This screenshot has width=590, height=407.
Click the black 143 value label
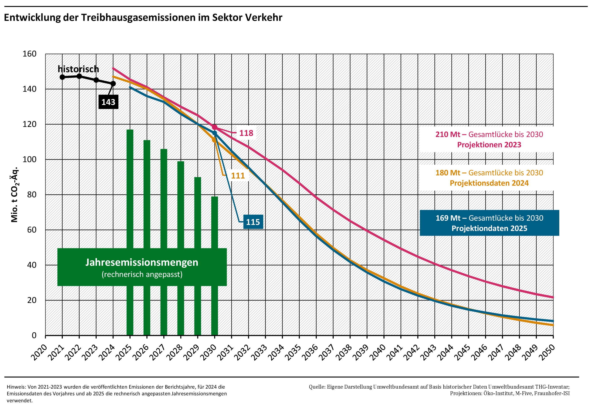[x=108, y=102]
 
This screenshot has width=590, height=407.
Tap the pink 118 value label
[x=246, y=133]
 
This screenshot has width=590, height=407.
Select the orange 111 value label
[x=238, y=175]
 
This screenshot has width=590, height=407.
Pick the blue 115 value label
[x=253, y=222]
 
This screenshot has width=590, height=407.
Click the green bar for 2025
[x=130, y=189]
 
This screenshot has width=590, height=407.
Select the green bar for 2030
[x=214, y=222]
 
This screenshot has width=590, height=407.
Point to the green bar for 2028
[x=181, y=204]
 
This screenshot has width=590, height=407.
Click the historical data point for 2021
[x=62, y=77]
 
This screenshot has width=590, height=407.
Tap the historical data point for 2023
[x=96, y=80]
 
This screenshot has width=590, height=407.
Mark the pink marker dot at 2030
[x=214, y=127]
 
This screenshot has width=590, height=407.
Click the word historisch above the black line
[x=78, y=69]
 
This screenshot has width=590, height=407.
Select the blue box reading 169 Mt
[x=489, y=223]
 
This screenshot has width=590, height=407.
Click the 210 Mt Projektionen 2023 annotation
[x=489, y=139]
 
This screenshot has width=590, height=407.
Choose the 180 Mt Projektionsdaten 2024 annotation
[x=489, y=178]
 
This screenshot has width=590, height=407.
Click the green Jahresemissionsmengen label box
[x=142, y=267]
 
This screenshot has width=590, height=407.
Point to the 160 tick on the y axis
[x=30, y=54]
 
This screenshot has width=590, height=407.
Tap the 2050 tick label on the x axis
[x=547, y=353]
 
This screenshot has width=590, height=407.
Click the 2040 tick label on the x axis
[x=378, y=353]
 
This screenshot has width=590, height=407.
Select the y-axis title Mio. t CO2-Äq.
[x=15, y=195]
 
